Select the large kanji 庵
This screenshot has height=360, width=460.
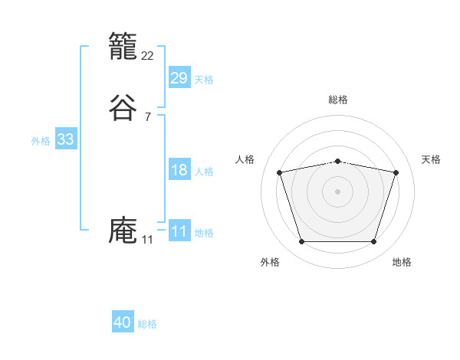coord(123,231)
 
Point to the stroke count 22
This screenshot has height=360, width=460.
coord(148,55)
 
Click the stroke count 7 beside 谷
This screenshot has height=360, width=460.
coord(147,117)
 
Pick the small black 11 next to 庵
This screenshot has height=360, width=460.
coord(147,240)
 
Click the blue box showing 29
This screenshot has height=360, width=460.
coord(179,77)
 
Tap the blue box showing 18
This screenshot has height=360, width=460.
coord(179,170)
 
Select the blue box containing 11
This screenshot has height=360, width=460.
coord(179,231)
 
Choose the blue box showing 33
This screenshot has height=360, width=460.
coord(65,139)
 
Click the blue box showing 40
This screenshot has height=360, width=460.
coord(123,322)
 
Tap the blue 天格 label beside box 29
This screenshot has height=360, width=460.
coord(204,79)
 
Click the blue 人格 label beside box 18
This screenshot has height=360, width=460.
coord(204,172)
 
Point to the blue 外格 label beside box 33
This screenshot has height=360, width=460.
coord(41,141)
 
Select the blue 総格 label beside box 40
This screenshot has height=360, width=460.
coord(147,324)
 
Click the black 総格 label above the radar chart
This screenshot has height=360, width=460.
coord(338,100)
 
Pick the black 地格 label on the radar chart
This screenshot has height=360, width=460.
coord(402,262)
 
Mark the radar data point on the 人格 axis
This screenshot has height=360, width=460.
coord(280,172)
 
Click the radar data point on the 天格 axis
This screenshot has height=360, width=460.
coord(396,172)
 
